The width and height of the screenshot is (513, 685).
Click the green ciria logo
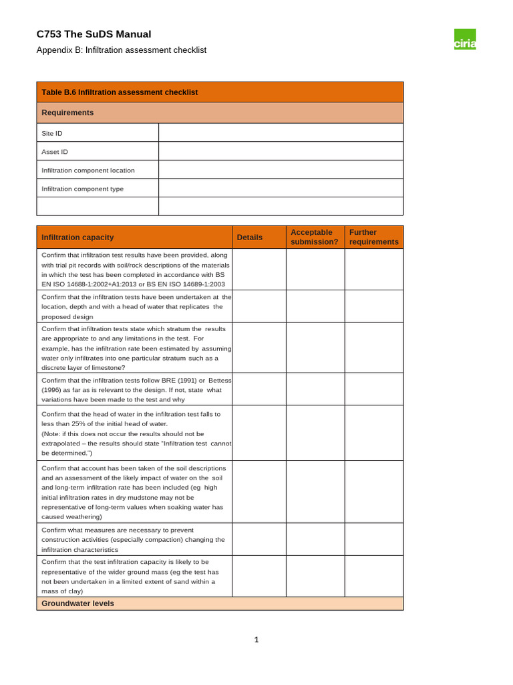coord(465,39)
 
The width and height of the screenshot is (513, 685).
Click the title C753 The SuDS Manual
coord(94,34)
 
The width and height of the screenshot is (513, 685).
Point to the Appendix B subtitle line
coord(121,50)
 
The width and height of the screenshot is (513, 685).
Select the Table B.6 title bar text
coord(120,92)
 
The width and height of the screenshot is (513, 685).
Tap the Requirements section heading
coord(67,112)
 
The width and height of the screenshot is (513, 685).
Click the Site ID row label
coord(52,133)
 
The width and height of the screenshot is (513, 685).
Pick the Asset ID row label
coord(55,152)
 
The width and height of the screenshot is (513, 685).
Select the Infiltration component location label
coord(88,170)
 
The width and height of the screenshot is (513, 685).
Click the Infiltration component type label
coord(83,189)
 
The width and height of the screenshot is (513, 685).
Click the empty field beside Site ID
coord(281,133)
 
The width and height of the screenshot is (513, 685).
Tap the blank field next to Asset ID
coord(281,152)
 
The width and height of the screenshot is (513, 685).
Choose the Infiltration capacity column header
coord(77,237)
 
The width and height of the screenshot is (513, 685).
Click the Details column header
coord(250,237)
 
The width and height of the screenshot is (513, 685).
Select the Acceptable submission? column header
coord(315,237)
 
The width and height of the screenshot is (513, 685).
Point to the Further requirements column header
coord(373,237)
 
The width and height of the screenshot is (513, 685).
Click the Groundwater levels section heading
coord(77,603)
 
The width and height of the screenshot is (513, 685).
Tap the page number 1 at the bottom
coord(256,640)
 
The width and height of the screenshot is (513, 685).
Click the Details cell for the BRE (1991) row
coord(259,389)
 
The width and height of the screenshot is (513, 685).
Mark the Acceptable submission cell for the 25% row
coord(315,433)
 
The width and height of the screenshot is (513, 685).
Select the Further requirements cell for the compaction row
coord(374,539)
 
